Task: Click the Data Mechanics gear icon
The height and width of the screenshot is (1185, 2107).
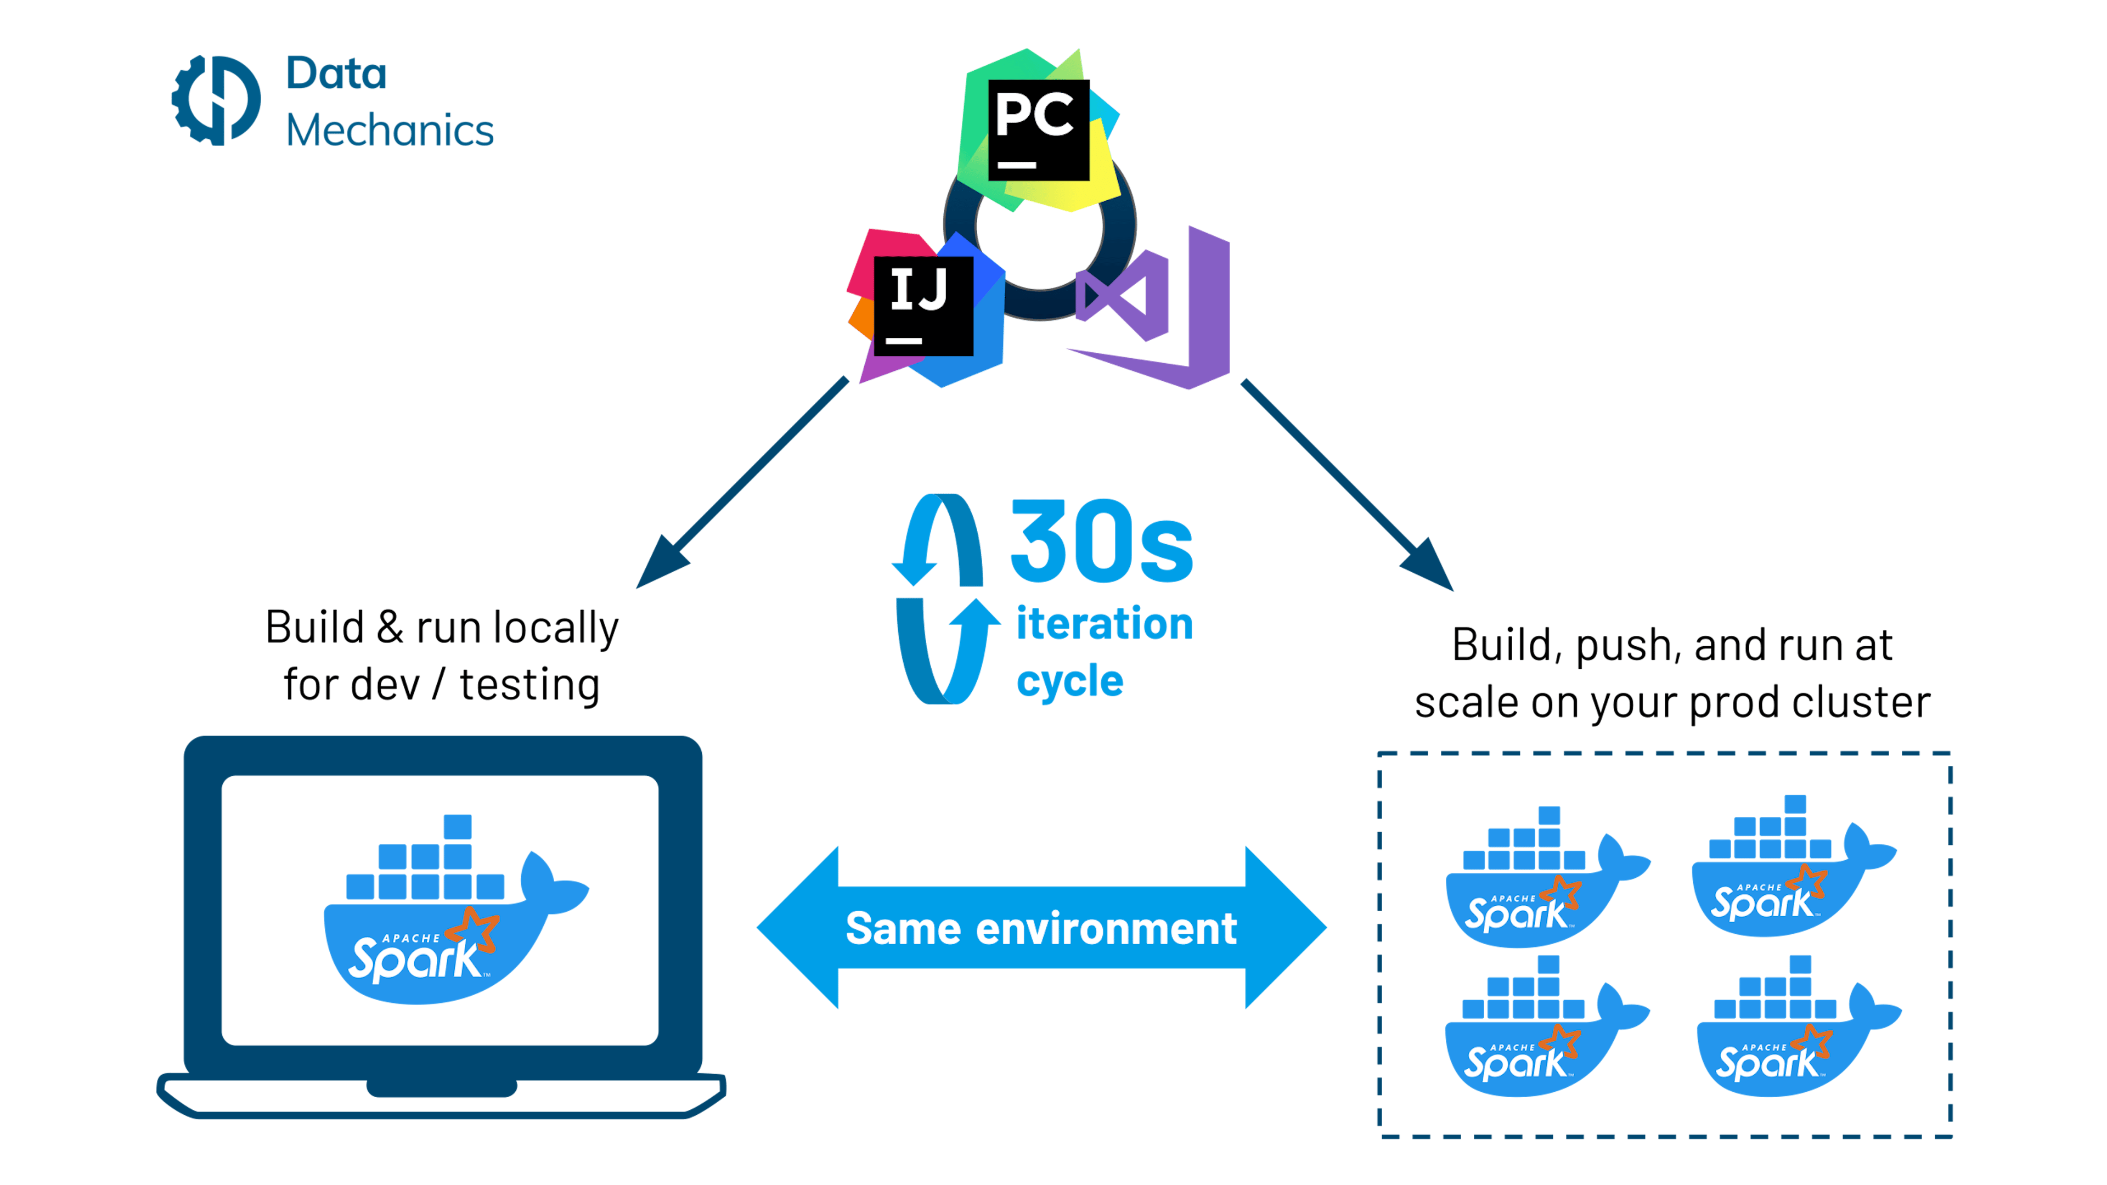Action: coord(215,100)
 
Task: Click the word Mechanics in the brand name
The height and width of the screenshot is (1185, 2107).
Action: coord(390,131)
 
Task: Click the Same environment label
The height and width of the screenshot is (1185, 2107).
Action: coord(1040,928)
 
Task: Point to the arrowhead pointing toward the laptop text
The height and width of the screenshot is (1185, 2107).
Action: coord(661,565)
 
